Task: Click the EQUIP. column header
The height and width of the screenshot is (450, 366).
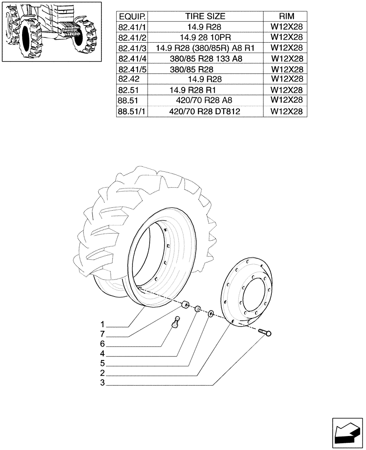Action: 132,17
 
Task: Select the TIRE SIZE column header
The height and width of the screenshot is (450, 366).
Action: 205,17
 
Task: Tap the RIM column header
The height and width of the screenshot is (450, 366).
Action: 287,17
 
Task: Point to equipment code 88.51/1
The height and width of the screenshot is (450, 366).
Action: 132,111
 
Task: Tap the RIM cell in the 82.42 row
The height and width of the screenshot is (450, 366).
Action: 287,79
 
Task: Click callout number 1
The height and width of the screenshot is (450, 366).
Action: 103,324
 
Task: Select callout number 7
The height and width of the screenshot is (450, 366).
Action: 103,334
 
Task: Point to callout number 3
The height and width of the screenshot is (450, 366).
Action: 103,383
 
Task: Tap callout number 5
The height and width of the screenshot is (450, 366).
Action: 103,364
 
